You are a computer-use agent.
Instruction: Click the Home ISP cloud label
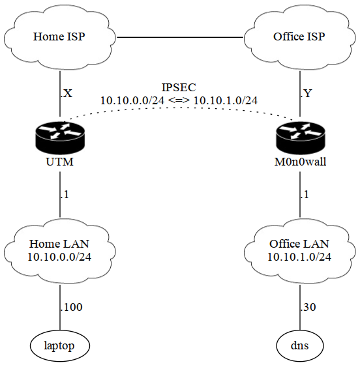click(59, 36)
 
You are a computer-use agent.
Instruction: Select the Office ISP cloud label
click(299, 36)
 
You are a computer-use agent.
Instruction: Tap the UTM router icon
click(60, 138)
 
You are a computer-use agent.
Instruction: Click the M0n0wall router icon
click(300, 138)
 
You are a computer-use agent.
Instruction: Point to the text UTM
click(60, 162)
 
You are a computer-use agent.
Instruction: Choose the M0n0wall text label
click(300, 162)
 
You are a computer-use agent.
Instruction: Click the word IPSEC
click(179, 87)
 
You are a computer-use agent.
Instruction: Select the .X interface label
click(67, 93)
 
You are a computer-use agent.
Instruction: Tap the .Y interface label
click(307, 93)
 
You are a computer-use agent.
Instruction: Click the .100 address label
click(71, 307)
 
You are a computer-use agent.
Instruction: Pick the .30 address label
click(308, 307)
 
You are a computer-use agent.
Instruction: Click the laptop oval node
click(60, 345)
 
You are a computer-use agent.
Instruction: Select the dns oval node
click(300, 345)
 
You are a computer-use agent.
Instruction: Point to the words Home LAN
click(59, 244)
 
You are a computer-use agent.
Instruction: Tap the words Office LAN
click(299, 244)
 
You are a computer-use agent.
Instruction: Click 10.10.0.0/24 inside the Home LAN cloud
click(59, 257)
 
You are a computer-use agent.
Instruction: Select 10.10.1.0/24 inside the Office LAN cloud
click(299, 257)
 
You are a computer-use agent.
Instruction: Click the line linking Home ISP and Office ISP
click(180, 37)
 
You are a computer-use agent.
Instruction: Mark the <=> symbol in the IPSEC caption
click(179, 100)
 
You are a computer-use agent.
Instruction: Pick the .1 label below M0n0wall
click(305, 194)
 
